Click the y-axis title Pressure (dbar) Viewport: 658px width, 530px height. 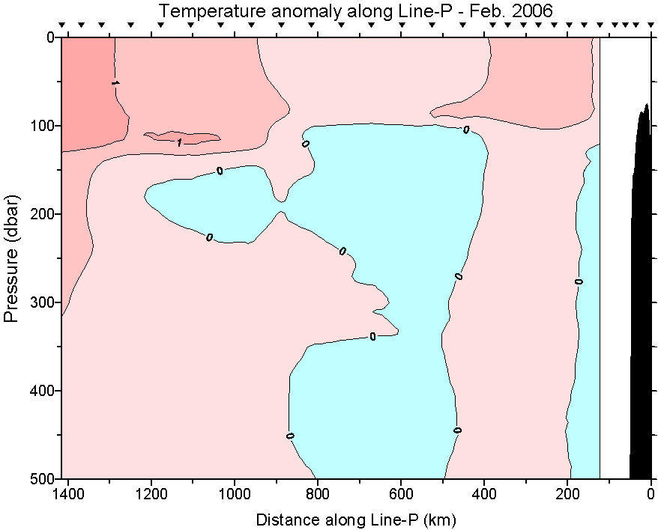pos(10,258)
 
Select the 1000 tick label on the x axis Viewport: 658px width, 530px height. pos(235,494)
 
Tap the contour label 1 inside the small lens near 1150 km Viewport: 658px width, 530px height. pos(180,141)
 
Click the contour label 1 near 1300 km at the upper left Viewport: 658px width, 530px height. pos(114,82)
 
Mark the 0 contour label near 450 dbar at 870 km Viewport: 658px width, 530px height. pos(290,435)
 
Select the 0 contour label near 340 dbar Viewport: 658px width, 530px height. pos(372,336)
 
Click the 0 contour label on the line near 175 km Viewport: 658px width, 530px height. pos(579,281)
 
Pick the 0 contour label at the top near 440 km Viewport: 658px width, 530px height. pos(466,130)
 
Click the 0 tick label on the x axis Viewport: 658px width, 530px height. pos(651,494)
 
